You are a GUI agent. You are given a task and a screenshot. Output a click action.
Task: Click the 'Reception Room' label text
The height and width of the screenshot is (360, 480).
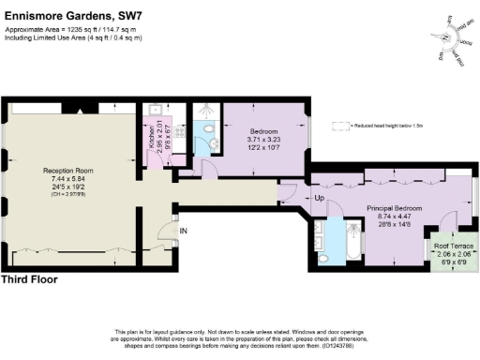pyautogui.click(x=67, y=170)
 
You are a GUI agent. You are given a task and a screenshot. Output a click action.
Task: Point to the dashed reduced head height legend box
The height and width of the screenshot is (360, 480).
pyautogui.click(x=339, y=124)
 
